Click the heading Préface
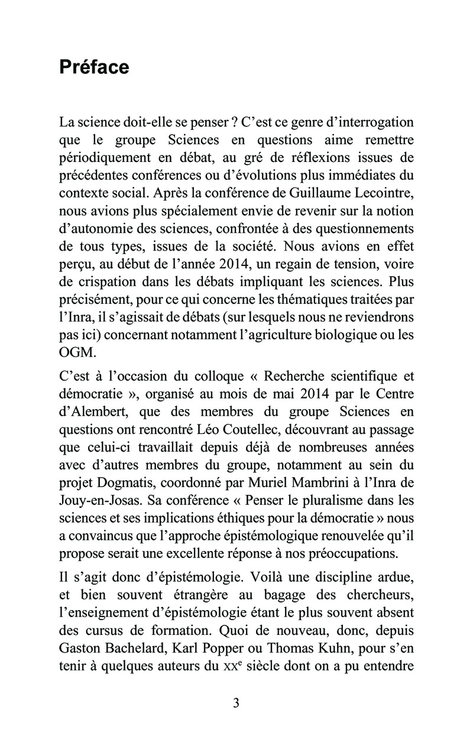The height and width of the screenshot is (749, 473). click(94, 67)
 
